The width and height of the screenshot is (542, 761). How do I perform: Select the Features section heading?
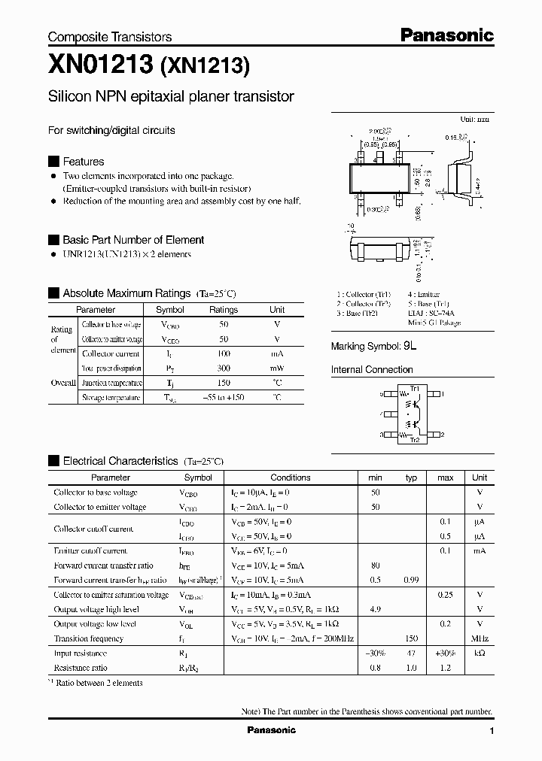point(83,162)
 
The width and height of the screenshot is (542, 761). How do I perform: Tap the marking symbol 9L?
point(410,347)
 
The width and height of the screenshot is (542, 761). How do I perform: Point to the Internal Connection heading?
point(372,370)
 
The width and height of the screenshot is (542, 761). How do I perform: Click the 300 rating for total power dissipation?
point(224,368)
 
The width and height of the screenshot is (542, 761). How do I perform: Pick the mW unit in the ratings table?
point(277,368)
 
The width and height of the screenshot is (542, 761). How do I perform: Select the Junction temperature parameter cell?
point(111,383)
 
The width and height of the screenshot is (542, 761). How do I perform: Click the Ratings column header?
point(224,310)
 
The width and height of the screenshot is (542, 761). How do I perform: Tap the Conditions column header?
point(291,478)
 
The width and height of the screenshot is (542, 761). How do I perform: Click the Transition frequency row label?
point(89,638)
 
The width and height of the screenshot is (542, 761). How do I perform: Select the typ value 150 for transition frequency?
point(411,638)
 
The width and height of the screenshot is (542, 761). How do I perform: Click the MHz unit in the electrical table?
point(480,638)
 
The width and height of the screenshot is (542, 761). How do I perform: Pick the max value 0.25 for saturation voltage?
point(446,595)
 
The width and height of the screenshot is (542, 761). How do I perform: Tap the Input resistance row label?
point(79,653)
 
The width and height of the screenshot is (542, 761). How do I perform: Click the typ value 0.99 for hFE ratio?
point(411,580)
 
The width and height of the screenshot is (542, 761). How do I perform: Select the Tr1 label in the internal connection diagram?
point(414,388)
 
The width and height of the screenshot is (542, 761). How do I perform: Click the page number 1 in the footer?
point(492,731)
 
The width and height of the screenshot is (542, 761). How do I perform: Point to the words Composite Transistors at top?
point(110,37)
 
